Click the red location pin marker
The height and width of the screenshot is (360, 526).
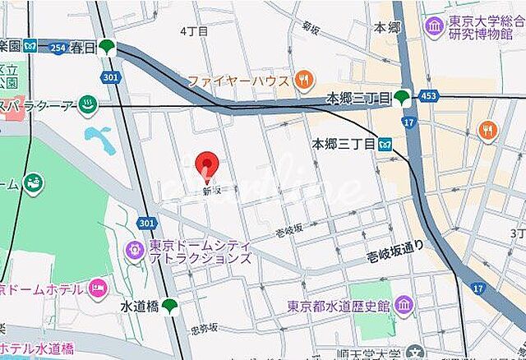tap(208, 165)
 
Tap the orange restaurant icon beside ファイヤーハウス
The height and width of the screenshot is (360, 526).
tap(303, 80)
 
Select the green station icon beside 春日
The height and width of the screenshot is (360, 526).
tap(107, 48)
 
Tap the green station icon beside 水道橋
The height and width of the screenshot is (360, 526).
tap(169, 306)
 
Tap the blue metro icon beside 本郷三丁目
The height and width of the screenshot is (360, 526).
tap(385, 144)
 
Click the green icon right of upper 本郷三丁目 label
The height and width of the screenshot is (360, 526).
tap(401, 99)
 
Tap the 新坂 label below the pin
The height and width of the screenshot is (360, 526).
tap(212, 191)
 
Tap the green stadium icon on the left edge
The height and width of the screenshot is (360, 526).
tap(35, 183)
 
